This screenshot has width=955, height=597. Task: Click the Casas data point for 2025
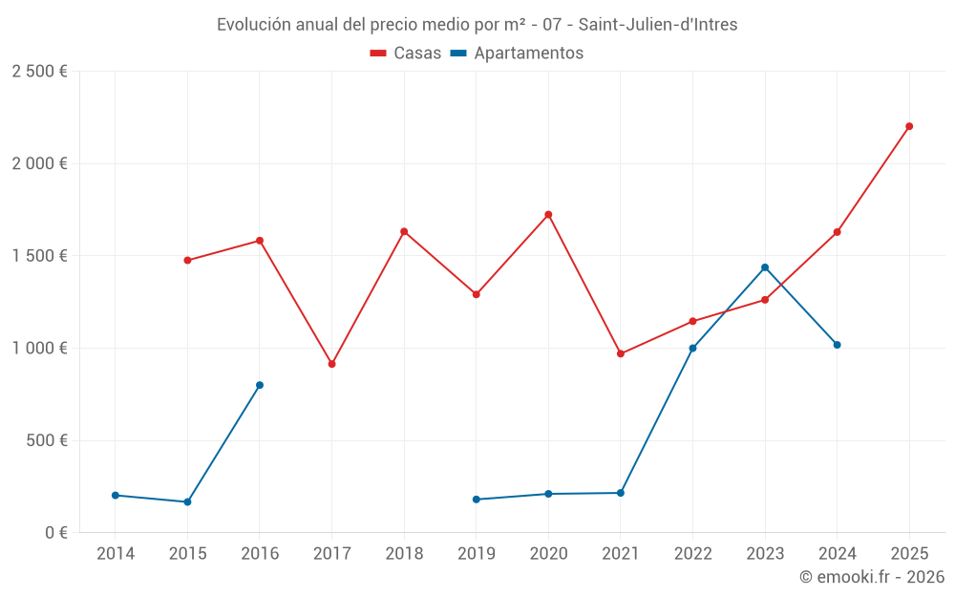click(x=909, y=126)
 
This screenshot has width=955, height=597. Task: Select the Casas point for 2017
click(x=331, y=364)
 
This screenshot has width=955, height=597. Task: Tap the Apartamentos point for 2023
click(x=765, y=267)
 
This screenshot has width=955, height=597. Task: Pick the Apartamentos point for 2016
click(x=260, y=385)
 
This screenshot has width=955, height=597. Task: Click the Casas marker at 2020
click(x=548, y=215)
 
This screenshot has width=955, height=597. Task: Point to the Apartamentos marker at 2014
click(x=116, y=495)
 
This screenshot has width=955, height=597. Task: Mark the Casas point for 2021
click(x=621, y=353)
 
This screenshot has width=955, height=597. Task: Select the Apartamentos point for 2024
click(x=838, y=345)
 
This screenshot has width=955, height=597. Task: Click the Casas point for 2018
click(x=404, y=231)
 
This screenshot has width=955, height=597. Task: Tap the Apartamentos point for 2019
click(x=477, y=500)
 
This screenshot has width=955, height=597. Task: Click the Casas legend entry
click(x=406, y=53)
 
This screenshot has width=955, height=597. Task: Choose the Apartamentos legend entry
click(x=517, y=53)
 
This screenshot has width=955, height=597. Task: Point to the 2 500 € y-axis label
click(x=39, y=72)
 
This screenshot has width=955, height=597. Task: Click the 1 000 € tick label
click(x=39, y=349)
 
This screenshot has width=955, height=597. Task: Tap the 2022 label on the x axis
click(x=692, y=554)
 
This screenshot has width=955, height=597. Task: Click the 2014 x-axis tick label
click(x=116, y=554)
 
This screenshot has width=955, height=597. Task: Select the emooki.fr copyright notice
click(x=871, y=577)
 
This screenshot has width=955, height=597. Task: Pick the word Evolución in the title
click(x=250, y=25)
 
